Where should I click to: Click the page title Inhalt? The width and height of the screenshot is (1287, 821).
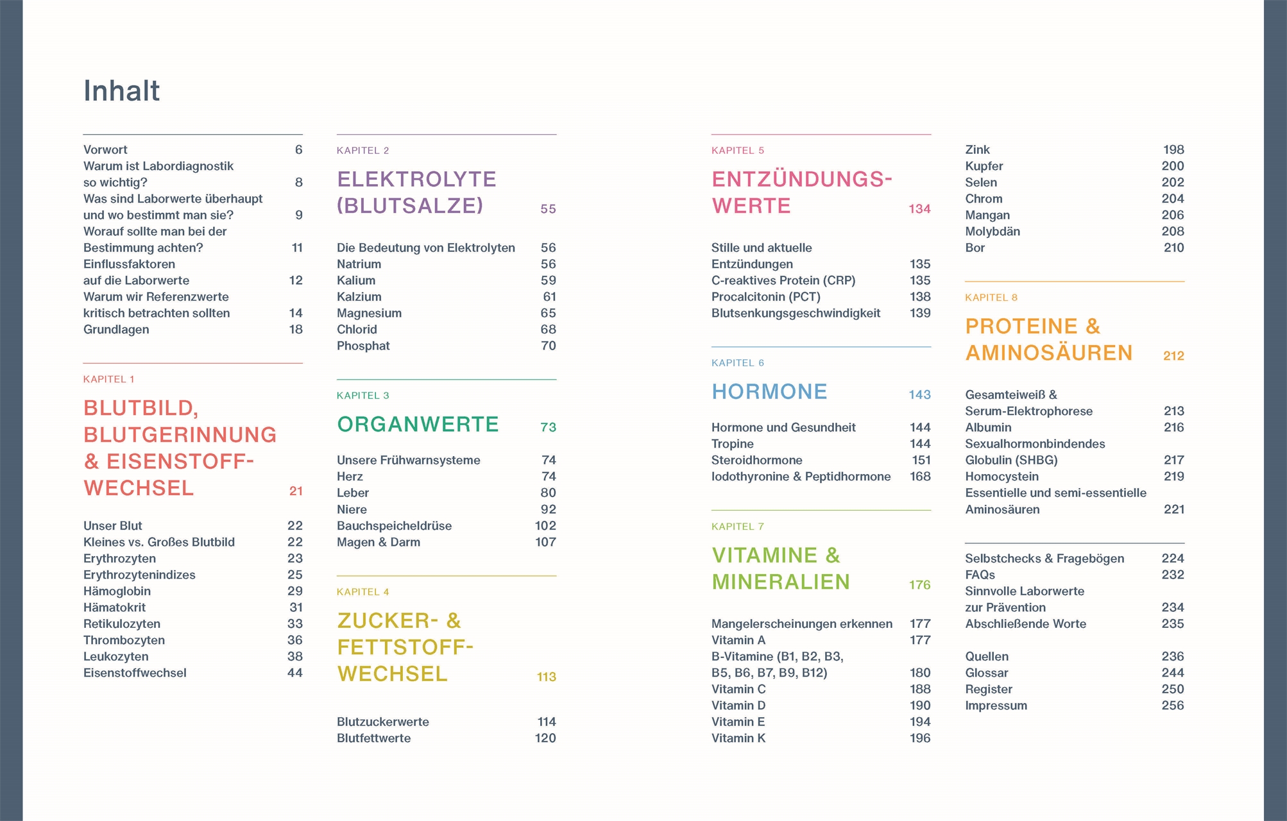121,91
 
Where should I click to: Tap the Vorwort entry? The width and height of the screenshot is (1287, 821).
105,149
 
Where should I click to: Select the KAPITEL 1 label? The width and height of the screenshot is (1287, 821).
108,379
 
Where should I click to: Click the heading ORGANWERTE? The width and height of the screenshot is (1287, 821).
418,425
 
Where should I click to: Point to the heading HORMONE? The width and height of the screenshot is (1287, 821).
769,392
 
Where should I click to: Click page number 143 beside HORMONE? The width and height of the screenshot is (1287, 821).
919,394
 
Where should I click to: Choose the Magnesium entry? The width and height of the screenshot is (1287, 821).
369,313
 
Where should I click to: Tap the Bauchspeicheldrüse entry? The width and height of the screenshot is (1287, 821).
394,525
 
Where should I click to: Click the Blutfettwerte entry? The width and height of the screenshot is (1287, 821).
373,738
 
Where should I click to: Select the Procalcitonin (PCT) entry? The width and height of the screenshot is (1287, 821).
765,296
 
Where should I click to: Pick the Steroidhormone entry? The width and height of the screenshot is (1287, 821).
756,460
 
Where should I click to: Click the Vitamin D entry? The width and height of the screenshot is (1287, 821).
738,705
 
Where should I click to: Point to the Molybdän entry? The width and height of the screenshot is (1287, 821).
992,231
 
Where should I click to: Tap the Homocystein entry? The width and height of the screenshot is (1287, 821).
1001,476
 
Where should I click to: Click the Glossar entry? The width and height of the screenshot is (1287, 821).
986,672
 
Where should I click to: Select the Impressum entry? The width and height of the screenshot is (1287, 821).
996,705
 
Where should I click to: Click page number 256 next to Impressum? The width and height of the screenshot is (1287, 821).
1172,705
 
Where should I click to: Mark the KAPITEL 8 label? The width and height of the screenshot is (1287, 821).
991,297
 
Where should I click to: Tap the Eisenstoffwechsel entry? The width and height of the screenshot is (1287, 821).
135,672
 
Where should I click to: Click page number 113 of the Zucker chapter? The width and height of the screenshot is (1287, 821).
546,677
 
